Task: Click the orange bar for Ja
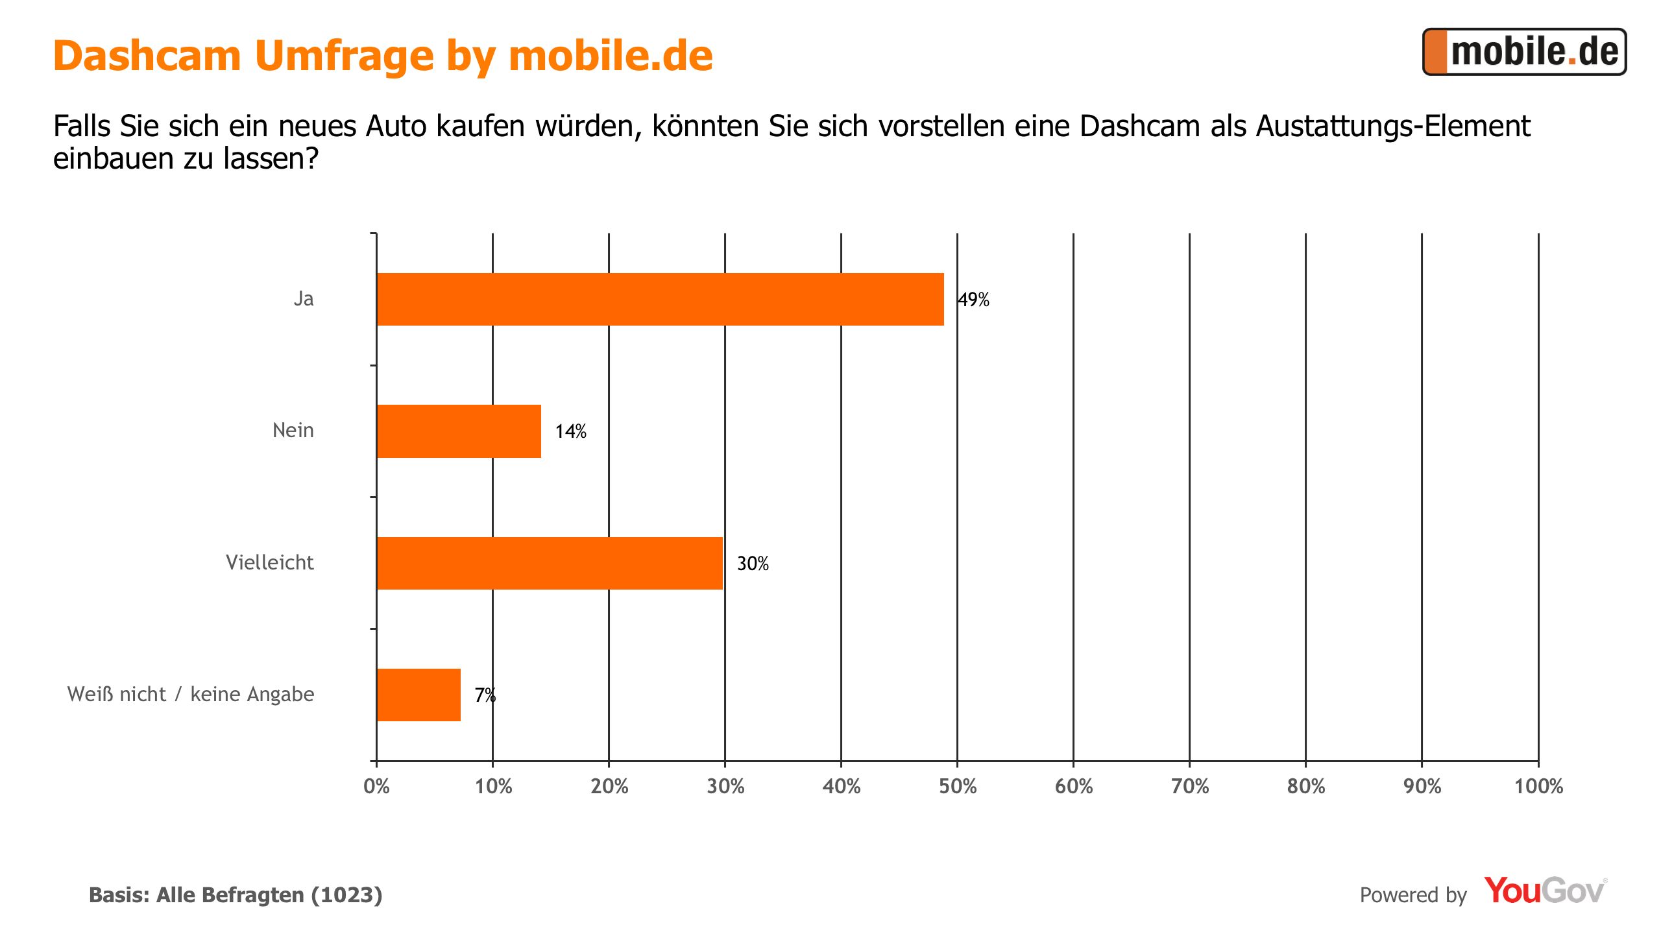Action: coord(660,299)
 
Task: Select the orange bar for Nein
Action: coord(459,431)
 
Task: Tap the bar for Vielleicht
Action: coord(549,563)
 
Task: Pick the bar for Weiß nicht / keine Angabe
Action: coord(418,695)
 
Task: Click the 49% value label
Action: coord(974,300)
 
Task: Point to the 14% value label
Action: coord(570,431)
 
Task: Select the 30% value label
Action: coord(753,564)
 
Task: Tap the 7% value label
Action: coord(485,695)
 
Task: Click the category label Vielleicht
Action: coord(269,562)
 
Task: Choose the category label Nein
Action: coord(293,431)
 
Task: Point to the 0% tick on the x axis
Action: coord(376,787)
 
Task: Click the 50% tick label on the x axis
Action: coord(957,787)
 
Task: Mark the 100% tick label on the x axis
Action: coord(1538,787)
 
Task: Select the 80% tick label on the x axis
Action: coord(1305,787)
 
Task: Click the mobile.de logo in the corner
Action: coord(1524,52)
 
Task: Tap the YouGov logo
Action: coord(1544,891)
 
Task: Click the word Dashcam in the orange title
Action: coord(147,56)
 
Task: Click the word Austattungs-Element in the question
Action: coord(1392,126)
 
